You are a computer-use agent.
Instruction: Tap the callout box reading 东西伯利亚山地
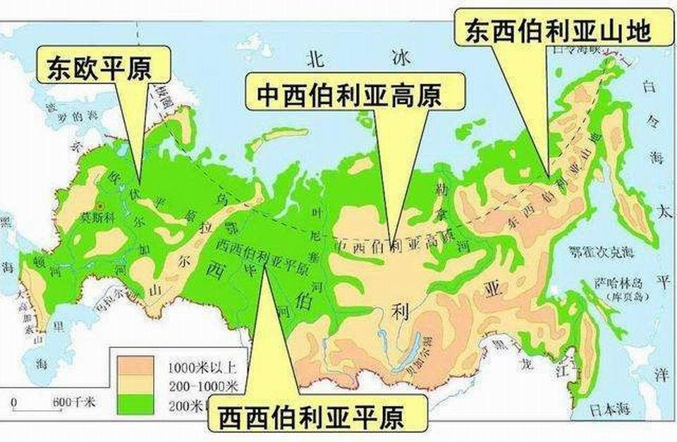pos(557,30)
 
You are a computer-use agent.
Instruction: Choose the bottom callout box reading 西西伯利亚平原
pos(311,417)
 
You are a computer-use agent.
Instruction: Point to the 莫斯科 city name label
pos(97,217)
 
